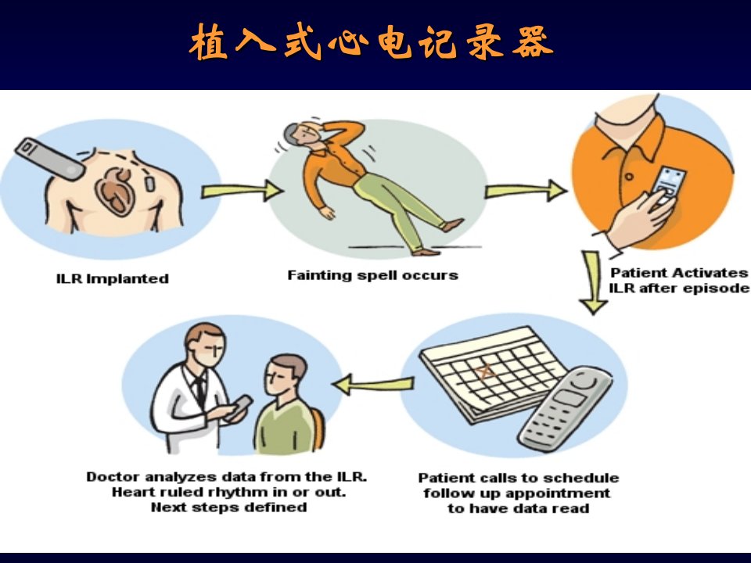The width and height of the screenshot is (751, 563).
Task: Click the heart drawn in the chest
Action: coord(114,191)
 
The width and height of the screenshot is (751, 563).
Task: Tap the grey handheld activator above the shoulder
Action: coord(50,160)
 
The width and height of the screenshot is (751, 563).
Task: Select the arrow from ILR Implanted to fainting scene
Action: coord(242,191)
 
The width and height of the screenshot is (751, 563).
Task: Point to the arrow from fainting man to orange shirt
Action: coord(526,191)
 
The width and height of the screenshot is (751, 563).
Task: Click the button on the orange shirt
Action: coord(629,177)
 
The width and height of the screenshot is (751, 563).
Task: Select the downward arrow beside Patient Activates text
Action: coord(593,282)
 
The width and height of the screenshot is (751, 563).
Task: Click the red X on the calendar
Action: coord(485,371)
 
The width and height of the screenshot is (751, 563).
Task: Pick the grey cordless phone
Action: coord(565,407)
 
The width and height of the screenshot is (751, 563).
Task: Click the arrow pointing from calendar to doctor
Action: coord(372,384)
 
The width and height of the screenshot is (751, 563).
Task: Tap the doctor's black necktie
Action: coord(199,391)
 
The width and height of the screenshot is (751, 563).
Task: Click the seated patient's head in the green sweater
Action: coord(286,374)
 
